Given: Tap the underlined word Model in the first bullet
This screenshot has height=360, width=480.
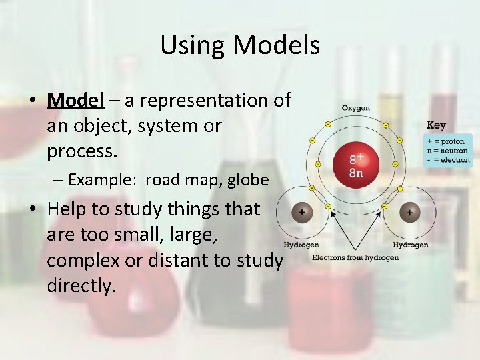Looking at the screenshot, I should [x=76, y=101].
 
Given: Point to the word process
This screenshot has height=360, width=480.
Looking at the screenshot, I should [x=81, y=151].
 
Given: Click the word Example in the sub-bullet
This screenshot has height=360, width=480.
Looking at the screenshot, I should [x=103, y=180].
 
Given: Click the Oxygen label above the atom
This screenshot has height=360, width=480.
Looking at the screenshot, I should [x=355, y=108].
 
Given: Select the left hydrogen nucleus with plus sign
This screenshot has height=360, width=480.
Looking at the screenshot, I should [x=301, y=213].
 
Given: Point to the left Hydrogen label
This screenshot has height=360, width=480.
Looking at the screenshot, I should [x=301, y=245].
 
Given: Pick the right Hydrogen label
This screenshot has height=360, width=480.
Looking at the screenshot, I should [x=410, y=245].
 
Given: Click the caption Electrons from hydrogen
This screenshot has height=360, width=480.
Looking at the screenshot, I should [x=355, y=258].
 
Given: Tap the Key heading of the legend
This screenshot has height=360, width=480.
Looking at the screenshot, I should [x=436, y=125].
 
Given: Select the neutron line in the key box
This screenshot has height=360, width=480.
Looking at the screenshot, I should [x=448, y=151].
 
